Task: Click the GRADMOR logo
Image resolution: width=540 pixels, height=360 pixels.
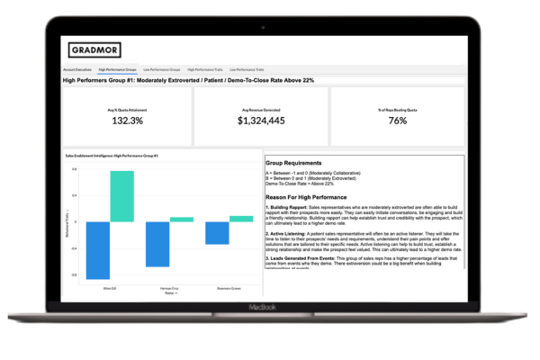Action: click(x=95, y=50)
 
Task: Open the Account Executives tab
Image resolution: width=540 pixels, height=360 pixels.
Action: click(x=77, y=68)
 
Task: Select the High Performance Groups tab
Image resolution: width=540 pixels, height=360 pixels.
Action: click(x=118, y=68)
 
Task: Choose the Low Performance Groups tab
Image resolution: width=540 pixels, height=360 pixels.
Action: click(x=162, y=68)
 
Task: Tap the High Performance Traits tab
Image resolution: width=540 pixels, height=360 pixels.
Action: click(x=205, y=68)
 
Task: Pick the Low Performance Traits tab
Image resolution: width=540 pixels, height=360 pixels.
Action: click(x=247, y=68)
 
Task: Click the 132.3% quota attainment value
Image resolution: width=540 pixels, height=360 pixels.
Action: click(x=126, y=121)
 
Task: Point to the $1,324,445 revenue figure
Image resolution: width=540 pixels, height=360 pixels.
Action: click(x=262, y=121)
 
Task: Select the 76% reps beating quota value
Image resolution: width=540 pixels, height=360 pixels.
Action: click(x=398, y=121)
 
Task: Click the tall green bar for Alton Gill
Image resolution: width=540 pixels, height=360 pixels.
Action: click(x=122, y=196)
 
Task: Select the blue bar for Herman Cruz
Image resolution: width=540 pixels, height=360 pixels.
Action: click(x=157, y=244)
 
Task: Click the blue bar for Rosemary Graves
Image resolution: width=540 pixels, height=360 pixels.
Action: click(x=217, y=233)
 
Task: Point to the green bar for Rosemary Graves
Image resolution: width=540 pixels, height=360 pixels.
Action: click(x=241, y=219)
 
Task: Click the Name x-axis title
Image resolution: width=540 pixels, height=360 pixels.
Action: click(x=169, y=292)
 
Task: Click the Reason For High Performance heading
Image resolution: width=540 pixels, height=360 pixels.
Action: click(x=309, y=196)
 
